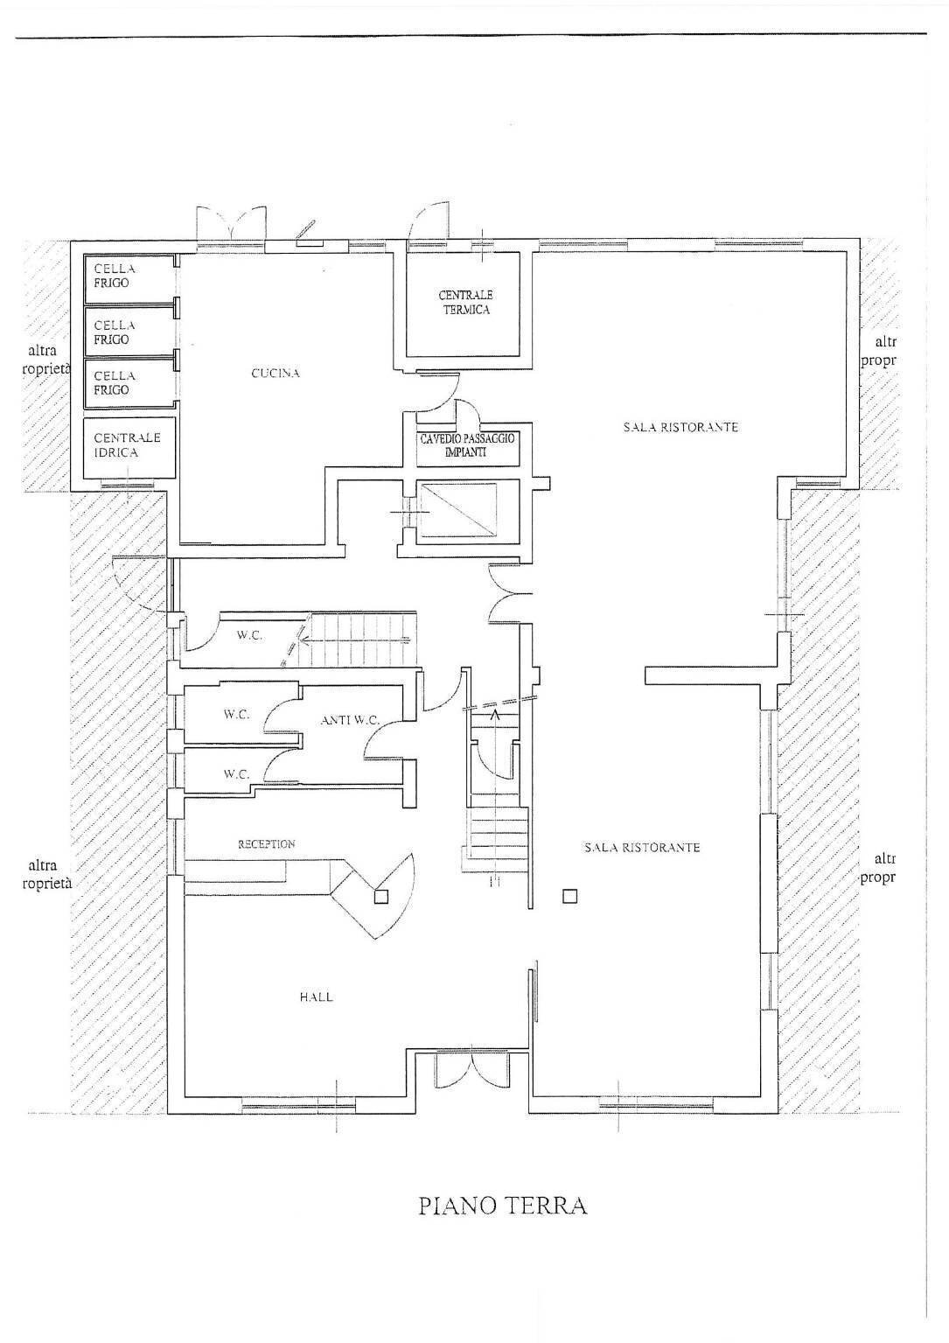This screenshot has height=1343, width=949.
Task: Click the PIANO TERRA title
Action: click(503, 1205)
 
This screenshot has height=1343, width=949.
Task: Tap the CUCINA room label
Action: click(276, 374)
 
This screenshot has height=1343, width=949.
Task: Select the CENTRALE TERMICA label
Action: click(465, 303)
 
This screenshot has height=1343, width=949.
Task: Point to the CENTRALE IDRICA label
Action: click(128, 445)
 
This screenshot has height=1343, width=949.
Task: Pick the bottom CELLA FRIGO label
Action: click(115, 383)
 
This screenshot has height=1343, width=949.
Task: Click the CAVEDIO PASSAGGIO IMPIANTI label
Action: click(466, 445)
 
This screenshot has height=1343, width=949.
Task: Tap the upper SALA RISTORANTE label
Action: click(680, 427)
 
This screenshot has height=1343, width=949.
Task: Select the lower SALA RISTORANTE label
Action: click(642, 848)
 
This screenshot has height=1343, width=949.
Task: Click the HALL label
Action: click(316, 997)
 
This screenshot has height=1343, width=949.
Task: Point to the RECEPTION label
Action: click(267, 844)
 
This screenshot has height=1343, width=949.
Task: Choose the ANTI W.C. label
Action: click(350, 720)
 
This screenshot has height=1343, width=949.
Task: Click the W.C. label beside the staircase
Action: click(249, 635)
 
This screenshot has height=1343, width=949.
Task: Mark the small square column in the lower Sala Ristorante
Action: click(569, 896)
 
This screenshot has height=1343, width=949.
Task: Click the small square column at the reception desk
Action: click(380, 896)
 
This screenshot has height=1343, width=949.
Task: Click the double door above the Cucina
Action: click(231, 222)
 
